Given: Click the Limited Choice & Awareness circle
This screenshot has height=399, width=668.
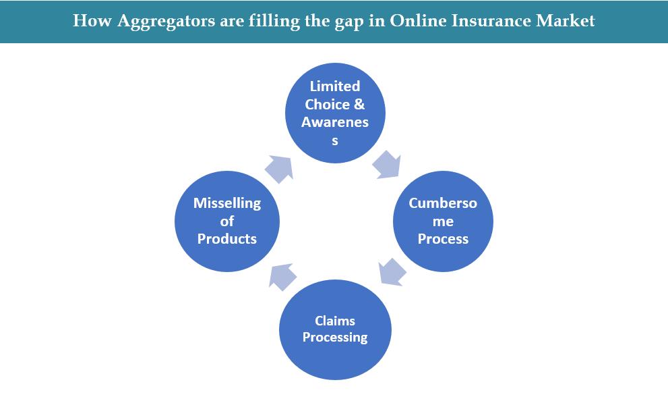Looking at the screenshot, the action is coord(335,113).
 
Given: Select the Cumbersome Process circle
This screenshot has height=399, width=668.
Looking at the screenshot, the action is coord(443,221).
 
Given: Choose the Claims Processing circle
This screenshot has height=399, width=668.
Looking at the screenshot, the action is coord(335,329).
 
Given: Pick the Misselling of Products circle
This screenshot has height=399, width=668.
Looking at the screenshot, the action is coord(227,221).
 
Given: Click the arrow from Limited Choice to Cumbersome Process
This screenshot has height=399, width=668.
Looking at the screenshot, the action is coord(386,164).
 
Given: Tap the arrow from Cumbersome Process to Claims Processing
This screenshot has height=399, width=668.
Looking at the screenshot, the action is coord(392,272).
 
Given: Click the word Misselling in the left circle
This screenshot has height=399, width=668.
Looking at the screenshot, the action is coord(227,203).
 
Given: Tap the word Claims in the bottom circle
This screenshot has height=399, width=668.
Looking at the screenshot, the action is coord(335,321).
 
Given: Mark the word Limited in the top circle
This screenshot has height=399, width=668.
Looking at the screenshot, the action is coord(335,86).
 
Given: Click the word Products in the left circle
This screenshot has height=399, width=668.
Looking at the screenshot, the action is coord(227,239).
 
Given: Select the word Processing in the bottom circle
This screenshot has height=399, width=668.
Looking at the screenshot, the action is coord(335,337).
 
